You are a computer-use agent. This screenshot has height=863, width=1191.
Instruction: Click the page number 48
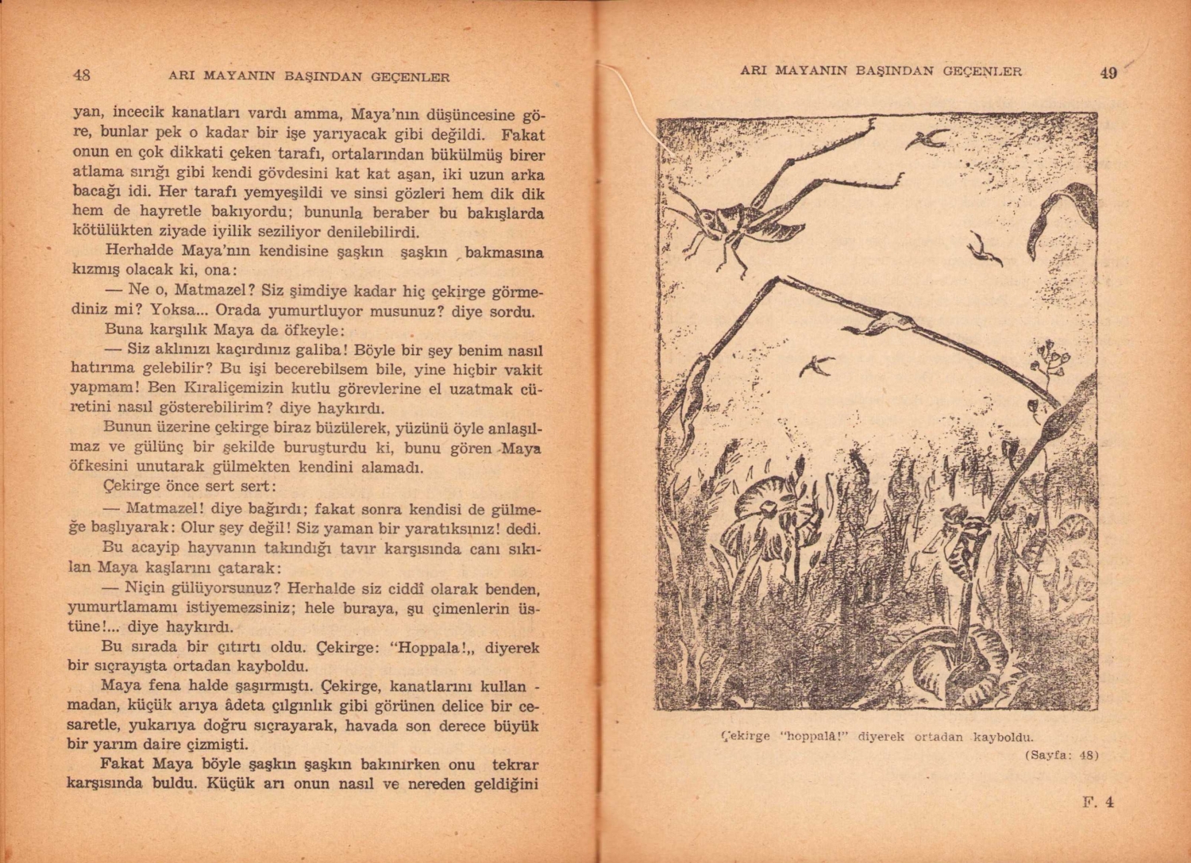[81, 75]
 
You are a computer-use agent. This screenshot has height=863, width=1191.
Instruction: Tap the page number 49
[1108, 73]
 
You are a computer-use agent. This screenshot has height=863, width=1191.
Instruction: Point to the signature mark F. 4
[1098, 802]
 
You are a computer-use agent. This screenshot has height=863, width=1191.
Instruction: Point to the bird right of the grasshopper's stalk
[985, 250]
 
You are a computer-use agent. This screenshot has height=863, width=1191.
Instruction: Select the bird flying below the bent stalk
[818, 365]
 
